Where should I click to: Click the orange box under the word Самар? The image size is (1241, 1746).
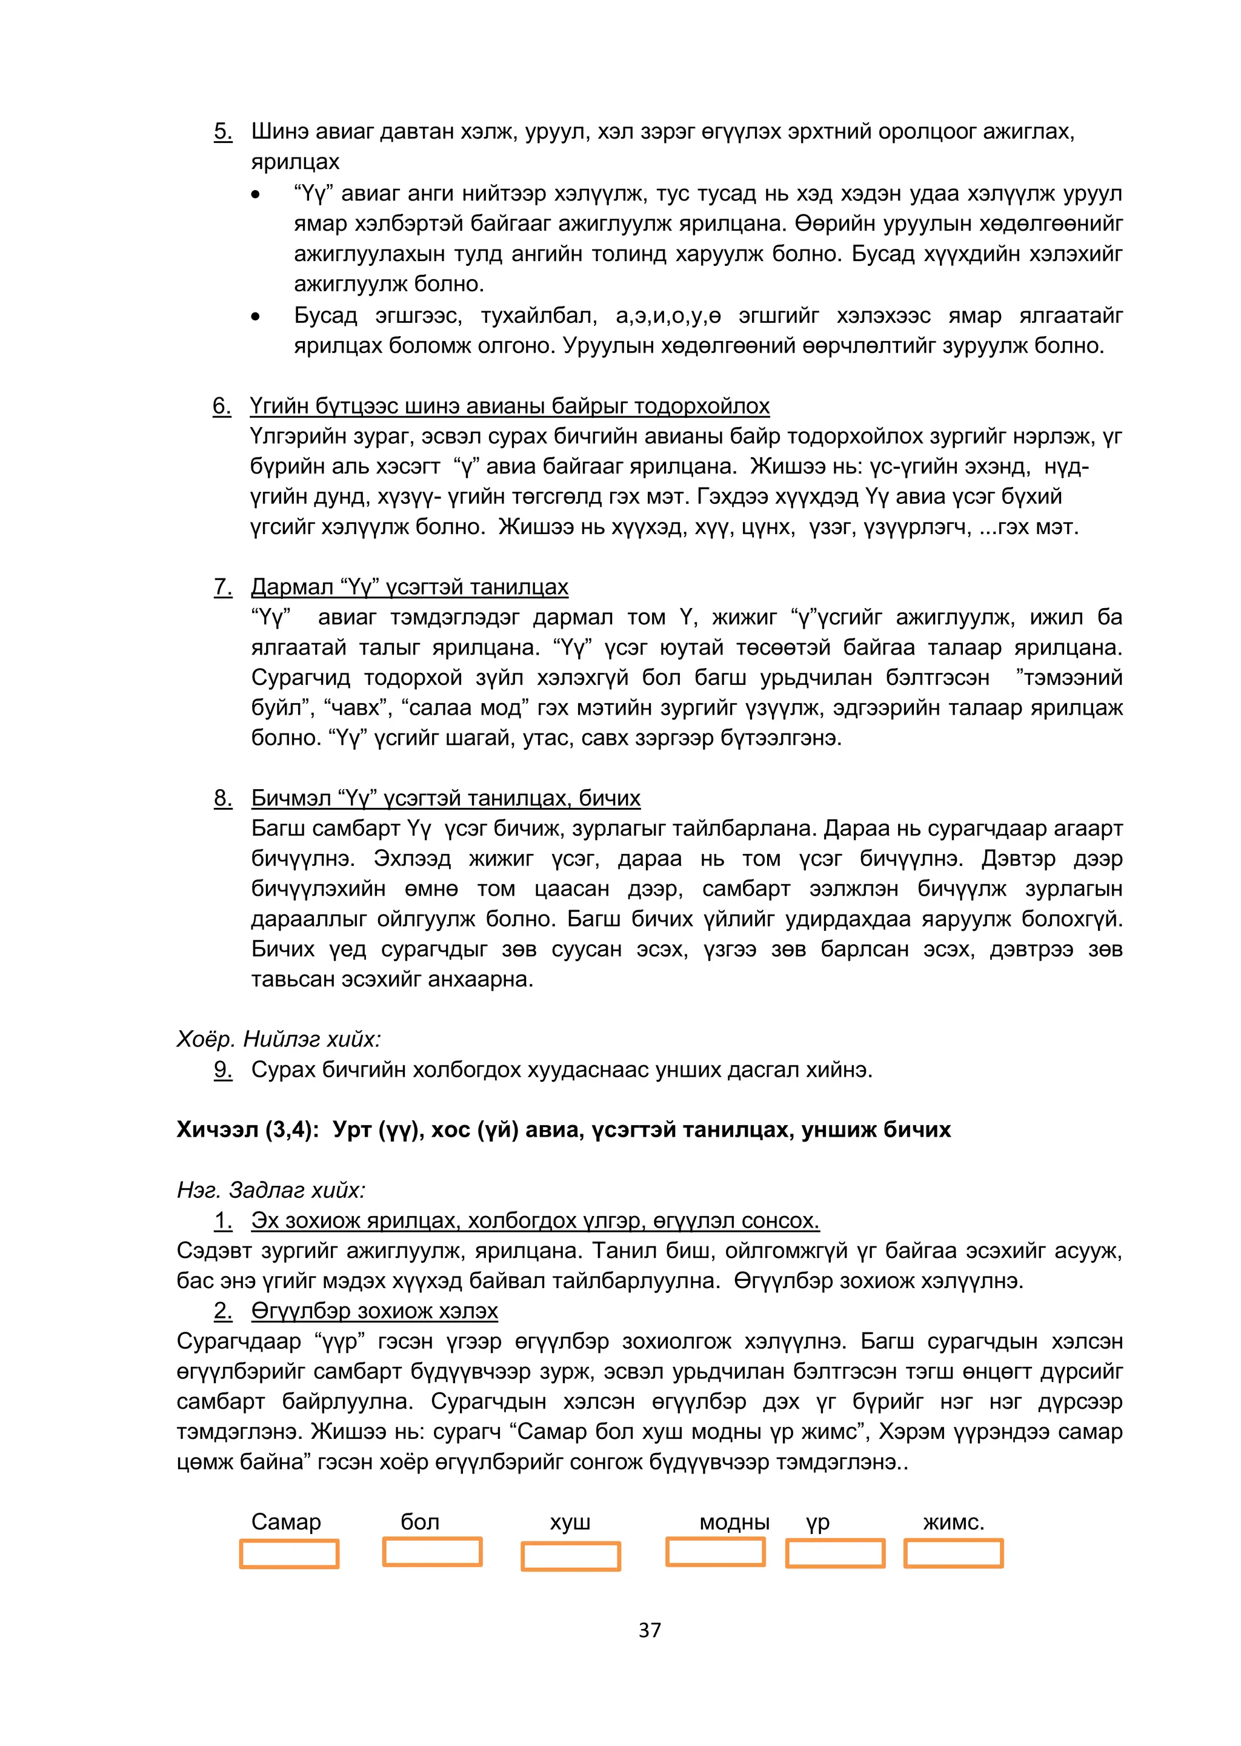tap(289, 1554)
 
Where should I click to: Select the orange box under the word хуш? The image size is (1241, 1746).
tap(570, 1556)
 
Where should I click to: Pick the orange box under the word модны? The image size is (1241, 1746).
tap(715, 1552)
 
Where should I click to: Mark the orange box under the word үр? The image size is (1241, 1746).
tap(835, 1553)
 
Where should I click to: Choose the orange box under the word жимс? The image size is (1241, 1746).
tap(953, 1553)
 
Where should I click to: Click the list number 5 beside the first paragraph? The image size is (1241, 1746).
tap(222, 131)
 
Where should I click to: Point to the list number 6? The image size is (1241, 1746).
tap(222, 406)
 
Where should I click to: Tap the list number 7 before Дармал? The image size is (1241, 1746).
tap(222, 587)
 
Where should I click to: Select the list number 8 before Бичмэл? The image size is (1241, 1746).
tap(222, 798)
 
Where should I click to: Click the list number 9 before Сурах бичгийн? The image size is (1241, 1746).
tap(222, 1070)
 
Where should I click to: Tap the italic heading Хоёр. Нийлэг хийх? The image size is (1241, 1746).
tap(278, 1039)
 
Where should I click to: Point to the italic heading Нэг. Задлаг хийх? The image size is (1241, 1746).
tap(271, 1190)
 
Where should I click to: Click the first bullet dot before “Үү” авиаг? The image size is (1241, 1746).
tap(255, 196)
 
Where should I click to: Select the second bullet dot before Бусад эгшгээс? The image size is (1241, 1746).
tap(255, 317)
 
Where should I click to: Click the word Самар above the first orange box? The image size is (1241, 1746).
tap(286, 1522)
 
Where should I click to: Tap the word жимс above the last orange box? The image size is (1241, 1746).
tap(953, 1522)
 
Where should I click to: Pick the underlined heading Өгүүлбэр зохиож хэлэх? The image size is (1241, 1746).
tap(374, 1311)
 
